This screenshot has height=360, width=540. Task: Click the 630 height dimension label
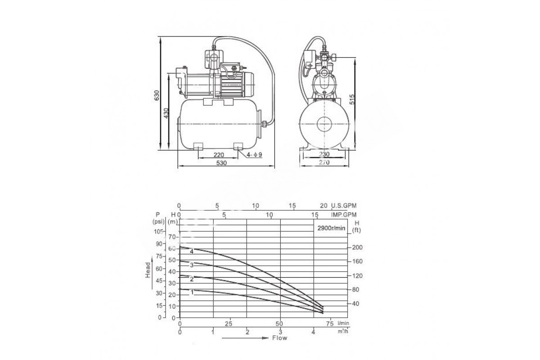(157, 95)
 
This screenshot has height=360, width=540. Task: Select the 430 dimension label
(166, 113)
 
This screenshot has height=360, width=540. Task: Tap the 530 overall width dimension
(221, 163)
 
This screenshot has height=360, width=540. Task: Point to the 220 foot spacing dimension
(219, 155)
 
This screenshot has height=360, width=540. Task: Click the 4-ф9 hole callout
(254, 154)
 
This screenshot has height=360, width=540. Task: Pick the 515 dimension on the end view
(352, 99)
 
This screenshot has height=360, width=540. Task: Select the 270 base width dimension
(324, 162)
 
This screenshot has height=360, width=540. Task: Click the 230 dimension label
(324, 154)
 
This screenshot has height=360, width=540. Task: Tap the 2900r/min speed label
(331, 228)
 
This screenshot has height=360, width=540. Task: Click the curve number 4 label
(192, 252)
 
